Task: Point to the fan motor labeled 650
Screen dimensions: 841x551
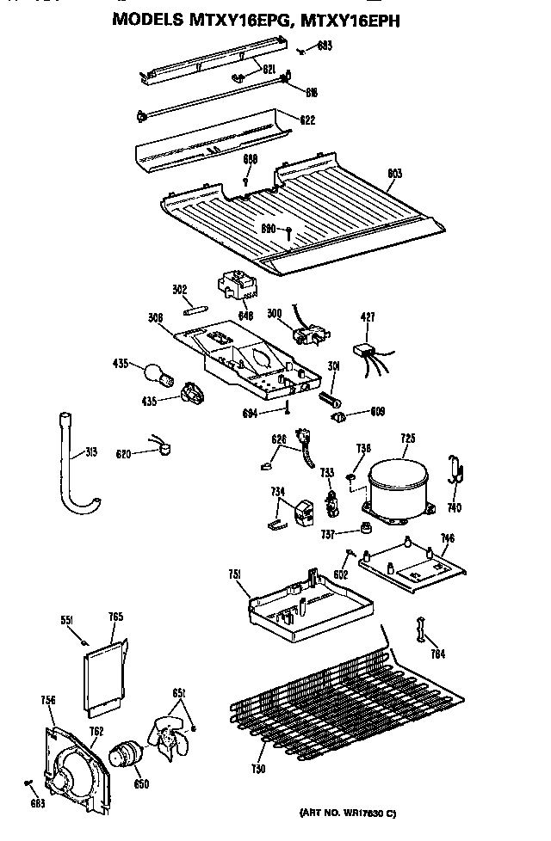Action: pyautogui.click(x=127, y=757)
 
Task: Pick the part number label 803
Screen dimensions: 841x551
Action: pyautogui.click(x=394, y=174)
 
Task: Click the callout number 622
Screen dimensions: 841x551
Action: pyautogui.click(x=307, y=121)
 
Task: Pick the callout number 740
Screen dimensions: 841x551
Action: pyautogui.click(x=454, y=507)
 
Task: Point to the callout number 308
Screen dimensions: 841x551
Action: pyautogui.click(x=155, y=318)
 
